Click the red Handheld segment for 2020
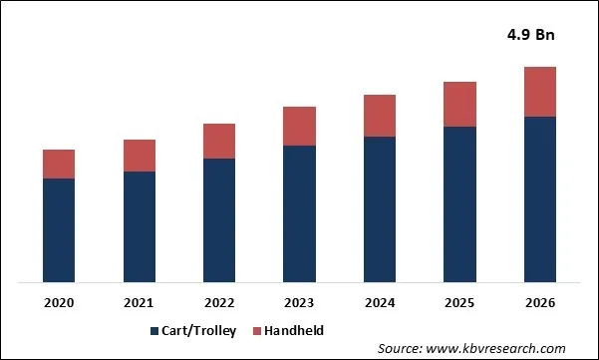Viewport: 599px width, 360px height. (59, 164)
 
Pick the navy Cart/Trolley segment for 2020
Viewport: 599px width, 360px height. (59, 229)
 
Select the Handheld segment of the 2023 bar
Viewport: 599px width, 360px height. (299, 126)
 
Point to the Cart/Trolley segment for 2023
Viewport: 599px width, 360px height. (299, 213)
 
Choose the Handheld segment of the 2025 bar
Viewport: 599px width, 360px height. (459, 104)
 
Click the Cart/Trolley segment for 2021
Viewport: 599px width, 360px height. (139, 226)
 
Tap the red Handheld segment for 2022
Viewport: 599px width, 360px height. (219, 141)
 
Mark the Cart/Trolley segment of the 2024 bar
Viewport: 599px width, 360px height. (379, 208)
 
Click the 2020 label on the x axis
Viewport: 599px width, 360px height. (59, 302)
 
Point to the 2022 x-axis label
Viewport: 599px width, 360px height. (219, 302)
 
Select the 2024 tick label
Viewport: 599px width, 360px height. (379, 302)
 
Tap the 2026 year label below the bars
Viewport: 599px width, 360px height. (539, 302)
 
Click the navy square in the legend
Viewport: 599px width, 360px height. (154, 330)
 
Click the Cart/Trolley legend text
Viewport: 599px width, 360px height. (199, 330)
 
